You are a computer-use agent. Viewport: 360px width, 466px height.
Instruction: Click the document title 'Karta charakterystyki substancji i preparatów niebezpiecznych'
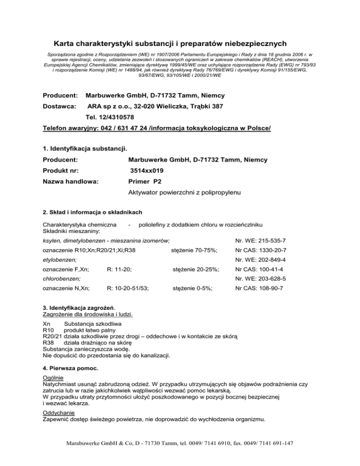click(x=180, y=44)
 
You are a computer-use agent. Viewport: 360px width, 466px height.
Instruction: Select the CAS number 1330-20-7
click(x=268, y=250)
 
